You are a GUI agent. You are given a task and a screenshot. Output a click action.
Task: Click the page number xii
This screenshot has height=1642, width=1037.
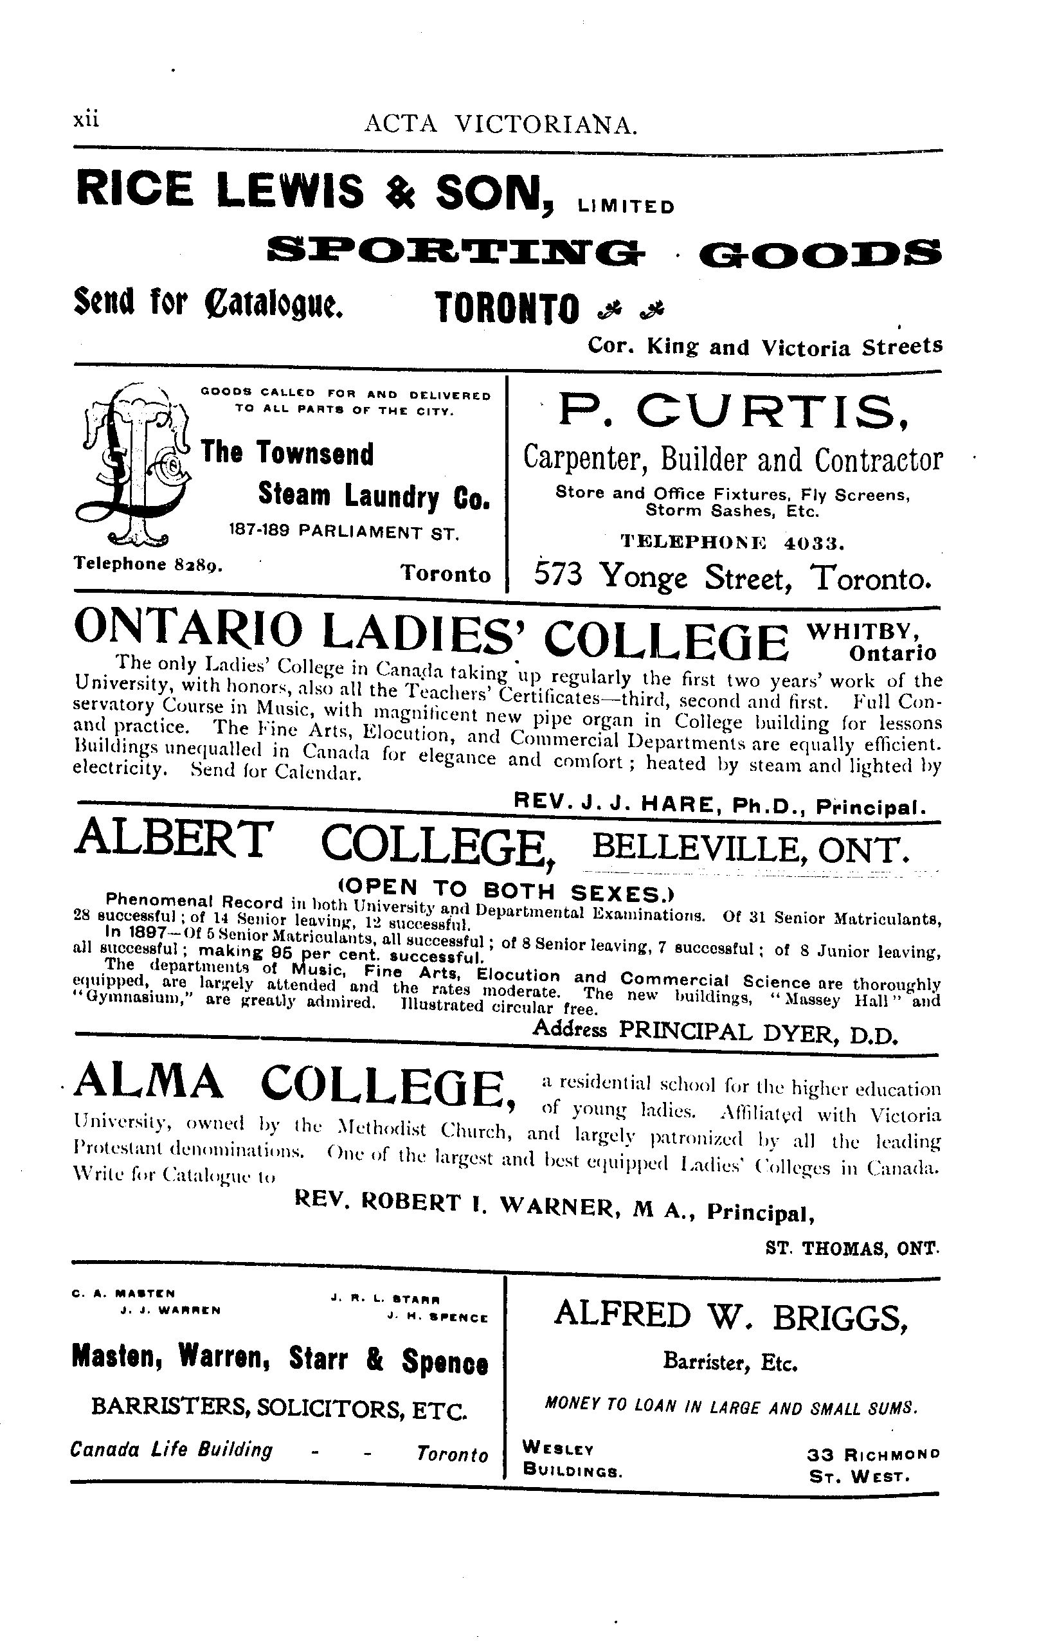[x=86, y=120]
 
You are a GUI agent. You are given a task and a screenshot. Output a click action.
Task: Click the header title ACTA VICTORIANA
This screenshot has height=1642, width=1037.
[x=501, y=124]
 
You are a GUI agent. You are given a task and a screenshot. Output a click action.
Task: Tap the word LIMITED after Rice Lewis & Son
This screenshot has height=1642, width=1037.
[x=625, y=206]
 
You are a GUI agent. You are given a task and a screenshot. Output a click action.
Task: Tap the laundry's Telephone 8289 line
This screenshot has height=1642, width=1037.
[x=147, y=564]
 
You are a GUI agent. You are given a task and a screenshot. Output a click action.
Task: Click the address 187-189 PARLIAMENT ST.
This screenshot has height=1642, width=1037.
[x=343, y=532]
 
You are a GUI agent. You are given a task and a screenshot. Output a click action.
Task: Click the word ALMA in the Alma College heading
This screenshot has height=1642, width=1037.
[x=148, y=1083]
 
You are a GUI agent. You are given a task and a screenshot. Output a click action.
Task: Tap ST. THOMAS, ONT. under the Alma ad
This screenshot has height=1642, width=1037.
[x=853, y=1248]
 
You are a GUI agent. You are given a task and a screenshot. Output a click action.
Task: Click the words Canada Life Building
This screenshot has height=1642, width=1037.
[x=171, y=1449]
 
